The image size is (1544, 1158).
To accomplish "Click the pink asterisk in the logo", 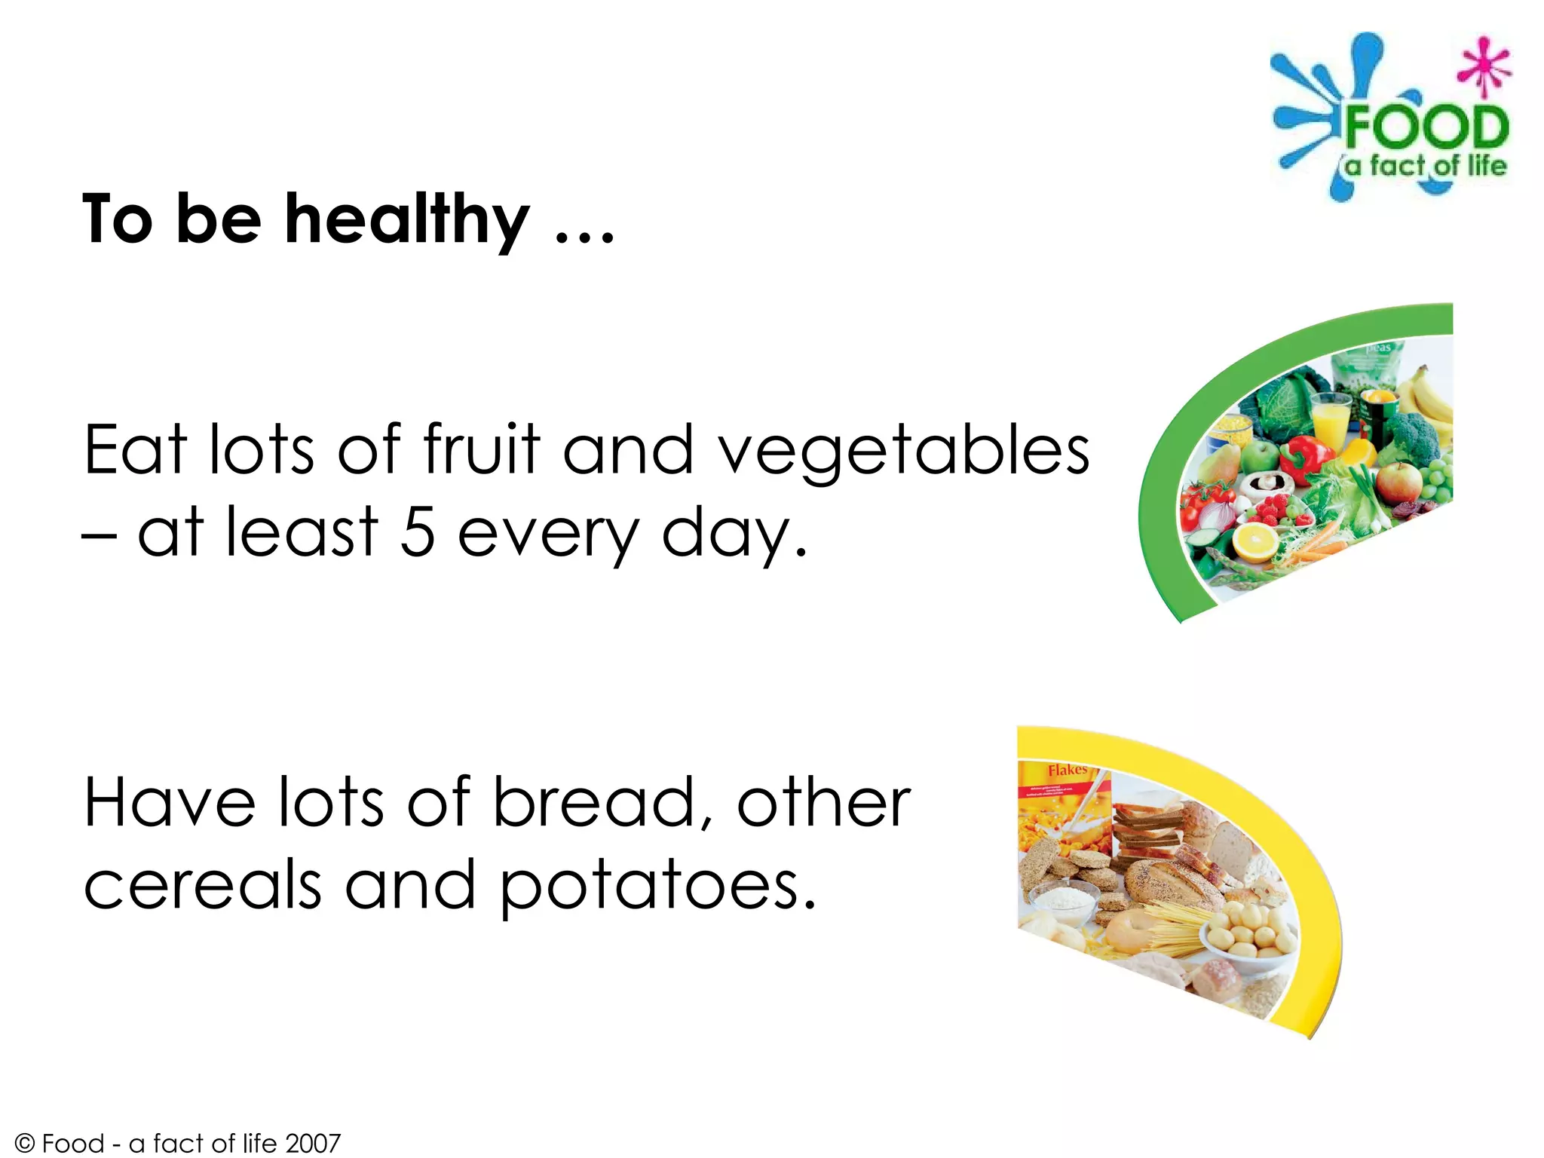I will coord(1484,66).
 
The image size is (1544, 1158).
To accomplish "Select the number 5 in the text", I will coord(417,532).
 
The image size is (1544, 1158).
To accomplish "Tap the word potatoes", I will coord(657,885).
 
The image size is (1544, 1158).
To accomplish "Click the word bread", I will coord(594,803).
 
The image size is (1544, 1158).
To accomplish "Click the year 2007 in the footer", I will coord(313,1143).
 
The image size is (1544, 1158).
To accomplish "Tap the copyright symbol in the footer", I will coord(25,1144).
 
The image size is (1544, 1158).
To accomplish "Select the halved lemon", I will coord(1255,541).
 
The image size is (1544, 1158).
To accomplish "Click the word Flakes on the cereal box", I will coord(1067,770).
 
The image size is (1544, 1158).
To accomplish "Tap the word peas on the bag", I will coord(1379,348).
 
